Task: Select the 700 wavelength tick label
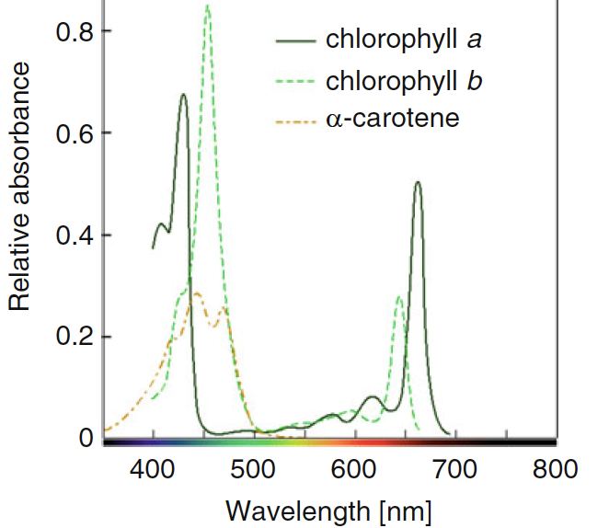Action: tap(454, 469)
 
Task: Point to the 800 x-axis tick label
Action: tap(555, 469)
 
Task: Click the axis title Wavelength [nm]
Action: tap(328, 509)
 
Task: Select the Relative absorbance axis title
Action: tap(20, 189)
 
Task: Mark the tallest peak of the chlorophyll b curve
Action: tap(208, 6)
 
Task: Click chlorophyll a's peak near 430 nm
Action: tap(183, 94)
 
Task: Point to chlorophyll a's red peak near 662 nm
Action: tap(418, 182)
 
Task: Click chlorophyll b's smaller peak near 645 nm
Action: tap(399, 296)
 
